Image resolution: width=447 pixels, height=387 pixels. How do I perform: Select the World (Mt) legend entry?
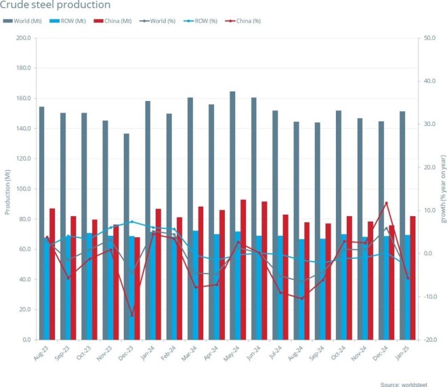pyautogui.click(x=23, y=21)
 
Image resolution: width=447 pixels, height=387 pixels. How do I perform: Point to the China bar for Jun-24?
pyautogui.click(x=264, y=270)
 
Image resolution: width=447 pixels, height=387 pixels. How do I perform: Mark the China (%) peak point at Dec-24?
pyautogui.click(x=387, y=203)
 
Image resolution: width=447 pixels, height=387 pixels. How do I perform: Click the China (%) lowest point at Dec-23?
pyautogui.click(x=132, y=316)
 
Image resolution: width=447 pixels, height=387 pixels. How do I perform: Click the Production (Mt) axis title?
pyautogui.click(x=7, y=189)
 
